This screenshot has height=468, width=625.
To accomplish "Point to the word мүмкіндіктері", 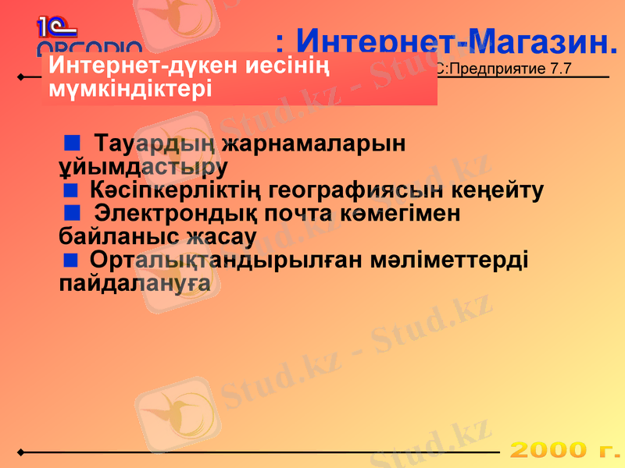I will pyautogui.click(x=130, y=88).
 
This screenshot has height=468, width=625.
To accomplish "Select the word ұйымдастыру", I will pyautogui.click(x=143, y=167).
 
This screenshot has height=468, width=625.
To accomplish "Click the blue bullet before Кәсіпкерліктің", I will pyautogui.click(x=71, y=189).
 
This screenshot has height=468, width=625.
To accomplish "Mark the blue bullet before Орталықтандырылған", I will pyautogui.click(x=71, y=258).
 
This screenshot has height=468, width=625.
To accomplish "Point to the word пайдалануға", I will pyautogui.click(x=134, y=282).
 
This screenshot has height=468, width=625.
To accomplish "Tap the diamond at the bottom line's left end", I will pyautogui.click(x=21, y=452).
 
